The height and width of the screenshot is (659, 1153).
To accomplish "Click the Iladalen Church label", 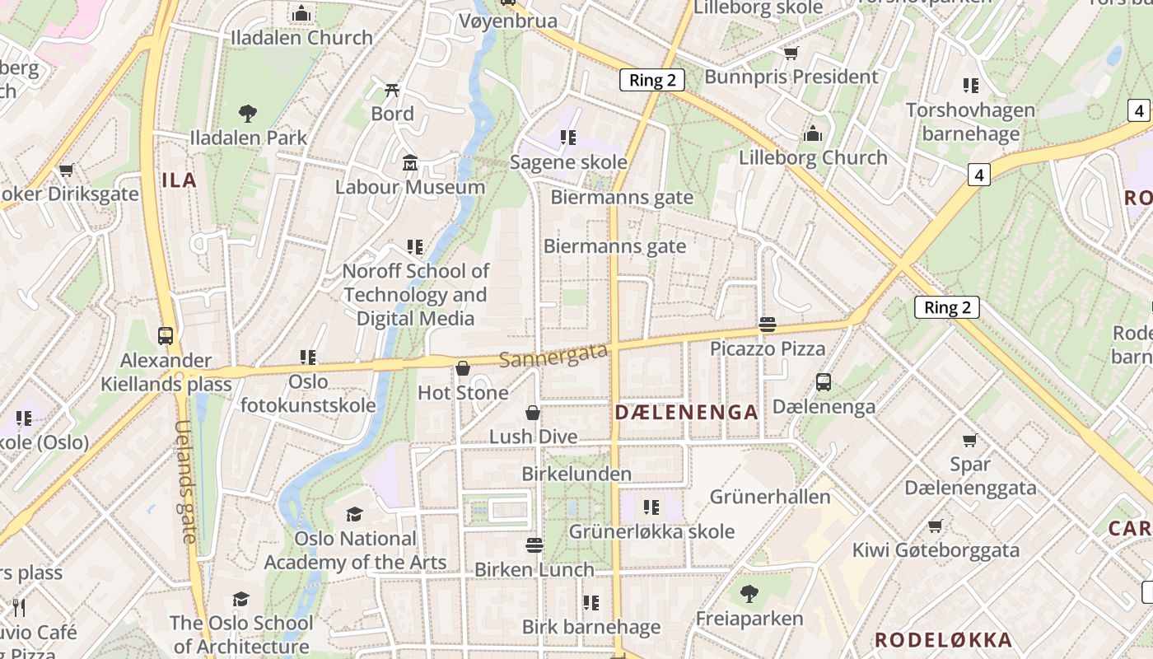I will (x=301, y=38).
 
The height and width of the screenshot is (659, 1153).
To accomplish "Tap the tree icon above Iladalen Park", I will (x=247, y=114).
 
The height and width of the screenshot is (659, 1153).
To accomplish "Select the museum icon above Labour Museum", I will (x=410, y=163).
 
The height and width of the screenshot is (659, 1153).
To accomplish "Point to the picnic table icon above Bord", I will (x=393, y=90).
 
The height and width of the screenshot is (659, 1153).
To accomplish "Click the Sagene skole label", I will (x=568, y=162).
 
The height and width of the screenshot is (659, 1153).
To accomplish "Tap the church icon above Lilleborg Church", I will (x=813, y=133).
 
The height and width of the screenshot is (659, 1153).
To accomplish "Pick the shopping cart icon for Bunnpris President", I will (x=791, y=54).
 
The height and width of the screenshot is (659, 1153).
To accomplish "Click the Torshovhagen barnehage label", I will (x=970, y=122).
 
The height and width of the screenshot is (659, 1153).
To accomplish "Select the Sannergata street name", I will (x=553, y=356).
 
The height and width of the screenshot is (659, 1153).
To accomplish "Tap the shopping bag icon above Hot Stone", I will (x=463, y=368).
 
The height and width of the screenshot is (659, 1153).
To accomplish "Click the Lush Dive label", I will (x=534, y=437).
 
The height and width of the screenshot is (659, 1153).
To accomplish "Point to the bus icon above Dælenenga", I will (x=823, y=382).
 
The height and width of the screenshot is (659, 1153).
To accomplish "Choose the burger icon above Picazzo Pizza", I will (x=768, y=325).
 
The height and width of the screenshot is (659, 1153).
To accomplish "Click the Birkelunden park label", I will (x=576, y=474).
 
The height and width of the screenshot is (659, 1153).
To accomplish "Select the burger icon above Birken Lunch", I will (x=534, y=545).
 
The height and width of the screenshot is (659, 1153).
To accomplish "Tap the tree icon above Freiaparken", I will (x=749, y=593).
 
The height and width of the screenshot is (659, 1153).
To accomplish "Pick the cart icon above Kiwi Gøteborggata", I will (x=935, y=526).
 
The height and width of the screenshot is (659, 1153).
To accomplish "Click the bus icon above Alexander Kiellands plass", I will (x=166, y=336).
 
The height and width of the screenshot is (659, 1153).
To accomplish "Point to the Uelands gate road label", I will (x=184, y=481).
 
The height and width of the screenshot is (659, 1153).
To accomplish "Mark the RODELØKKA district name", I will (x=943, y=640).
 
